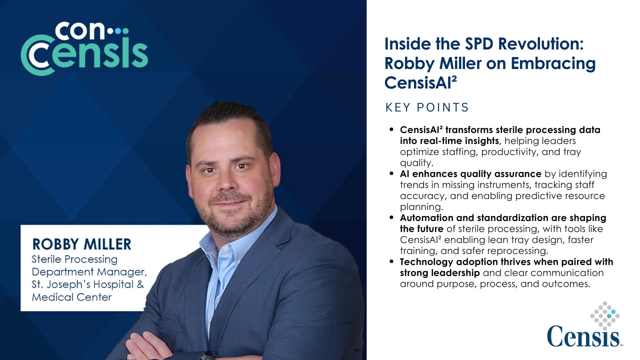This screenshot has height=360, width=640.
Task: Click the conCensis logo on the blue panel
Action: [x=84, y=48]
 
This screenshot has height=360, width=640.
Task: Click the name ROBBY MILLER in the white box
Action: [x=81, y=244]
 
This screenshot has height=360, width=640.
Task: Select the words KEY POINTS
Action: [x=427, y=107]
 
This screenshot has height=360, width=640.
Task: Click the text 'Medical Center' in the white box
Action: [x=72, y=297]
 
